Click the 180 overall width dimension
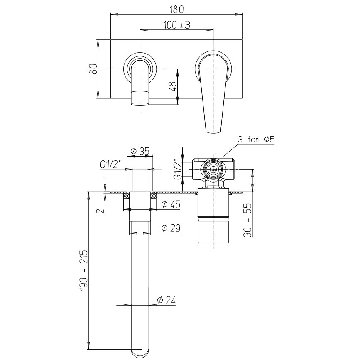177,9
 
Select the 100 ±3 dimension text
177,25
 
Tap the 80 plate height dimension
93,69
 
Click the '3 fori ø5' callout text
256,140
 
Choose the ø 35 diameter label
140,151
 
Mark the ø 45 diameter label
171,204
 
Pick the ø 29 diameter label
171,228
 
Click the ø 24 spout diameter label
166,300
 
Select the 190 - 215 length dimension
84,270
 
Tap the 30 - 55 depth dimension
248,220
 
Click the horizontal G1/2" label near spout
111,164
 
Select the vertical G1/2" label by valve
178,169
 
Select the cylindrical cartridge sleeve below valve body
213,216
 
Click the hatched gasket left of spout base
127,196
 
